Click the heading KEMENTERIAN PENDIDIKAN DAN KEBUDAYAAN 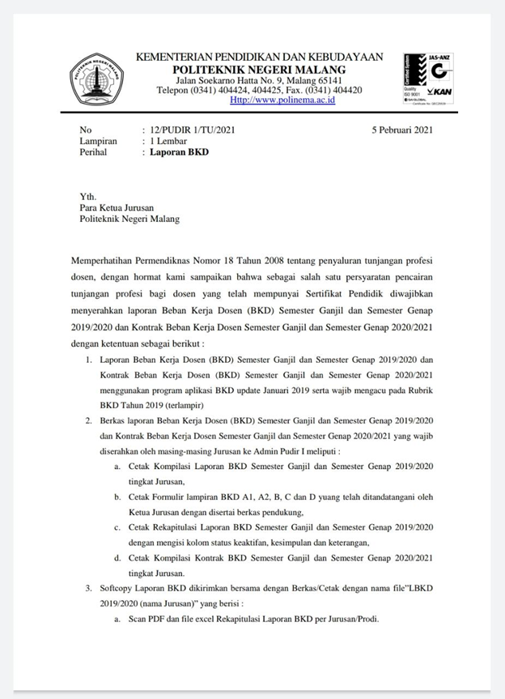[259, 58]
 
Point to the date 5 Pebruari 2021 [402, 130]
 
